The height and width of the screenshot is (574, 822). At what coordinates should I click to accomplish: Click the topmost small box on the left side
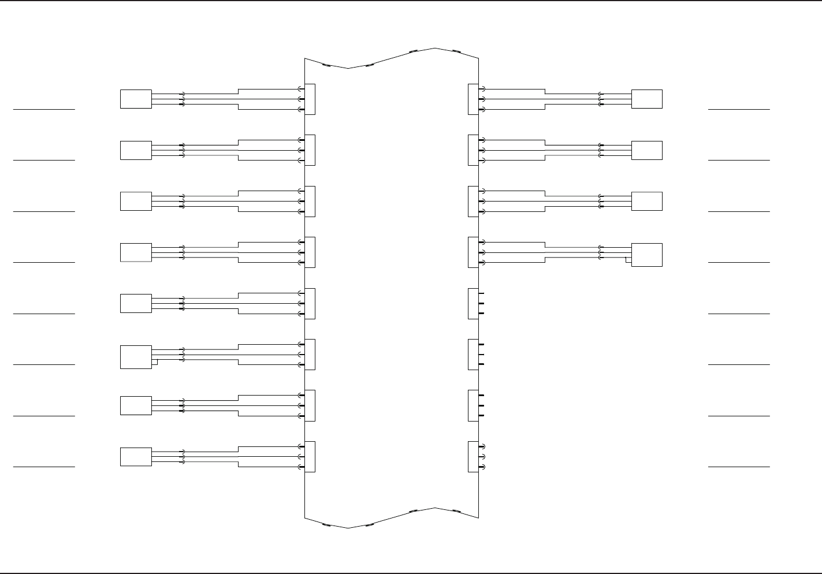[x=136, y=99]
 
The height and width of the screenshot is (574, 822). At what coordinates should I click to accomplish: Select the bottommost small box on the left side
[x=136, y=456]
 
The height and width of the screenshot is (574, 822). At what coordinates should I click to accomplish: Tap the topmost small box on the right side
[x=646, y=99]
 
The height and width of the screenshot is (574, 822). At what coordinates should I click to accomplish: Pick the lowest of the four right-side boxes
[x=646, y=255]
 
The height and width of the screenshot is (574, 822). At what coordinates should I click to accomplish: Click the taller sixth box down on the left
[x=136, y=357]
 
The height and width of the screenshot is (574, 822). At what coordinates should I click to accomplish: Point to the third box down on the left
[x=136, y=201]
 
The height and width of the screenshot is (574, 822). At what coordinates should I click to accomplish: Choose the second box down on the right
[x=646, y=150]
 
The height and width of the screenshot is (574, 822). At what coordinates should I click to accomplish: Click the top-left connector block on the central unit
[x=310, y=99]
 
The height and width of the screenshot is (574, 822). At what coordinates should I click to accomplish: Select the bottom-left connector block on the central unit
[x=310, y=456]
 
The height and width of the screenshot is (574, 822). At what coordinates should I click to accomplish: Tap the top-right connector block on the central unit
[x=473, y=99]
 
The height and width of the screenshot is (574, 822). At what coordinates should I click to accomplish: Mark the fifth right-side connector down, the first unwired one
[x=473, y=303]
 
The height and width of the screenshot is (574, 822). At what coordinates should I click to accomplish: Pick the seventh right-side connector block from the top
[x=473, y=405]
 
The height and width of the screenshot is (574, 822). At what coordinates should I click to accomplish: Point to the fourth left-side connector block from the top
[x=310, y=252]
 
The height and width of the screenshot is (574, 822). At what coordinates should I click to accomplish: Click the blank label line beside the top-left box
[x=44, y=109]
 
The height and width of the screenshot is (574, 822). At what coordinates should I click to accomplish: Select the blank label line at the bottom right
[x=739, y=466]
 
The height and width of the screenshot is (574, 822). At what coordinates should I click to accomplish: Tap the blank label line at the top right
[x=739, y=109]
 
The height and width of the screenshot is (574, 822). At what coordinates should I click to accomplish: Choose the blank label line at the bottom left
[x=44, y=466]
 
